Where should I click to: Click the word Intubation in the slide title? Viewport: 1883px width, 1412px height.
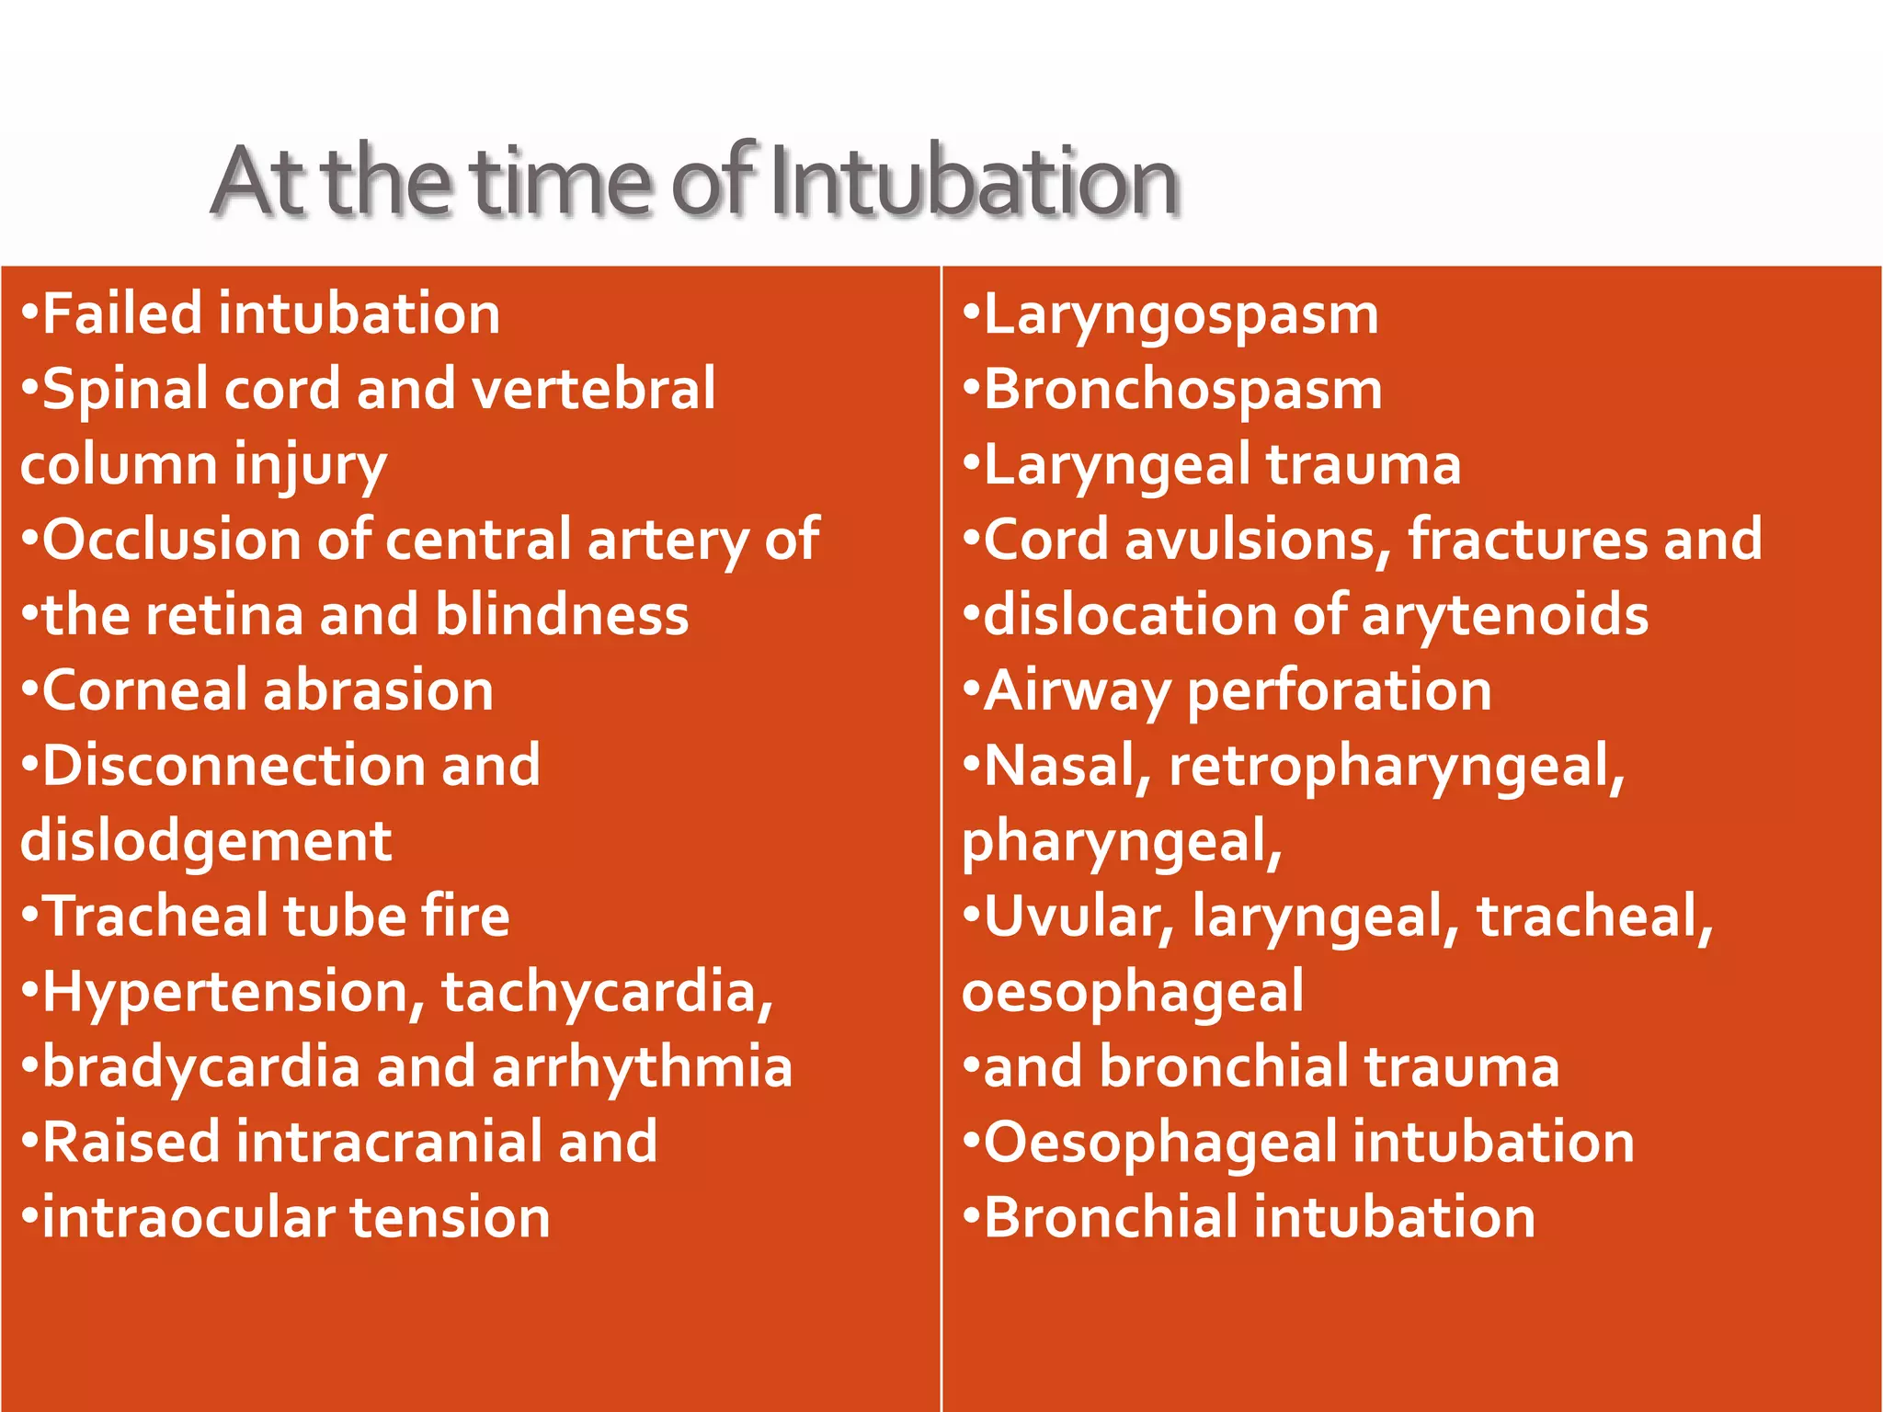973,182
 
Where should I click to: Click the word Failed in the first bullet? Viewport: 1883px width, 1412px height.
122,313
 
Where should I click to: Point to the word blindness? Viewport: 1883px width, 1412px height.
562,615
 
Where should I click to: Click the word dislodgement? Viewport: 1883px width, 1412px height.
206,841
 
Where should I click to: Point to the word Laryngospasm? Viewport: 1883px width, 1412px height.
1181,315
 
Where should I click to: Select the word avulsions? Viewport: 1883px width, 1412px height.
1257,540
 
